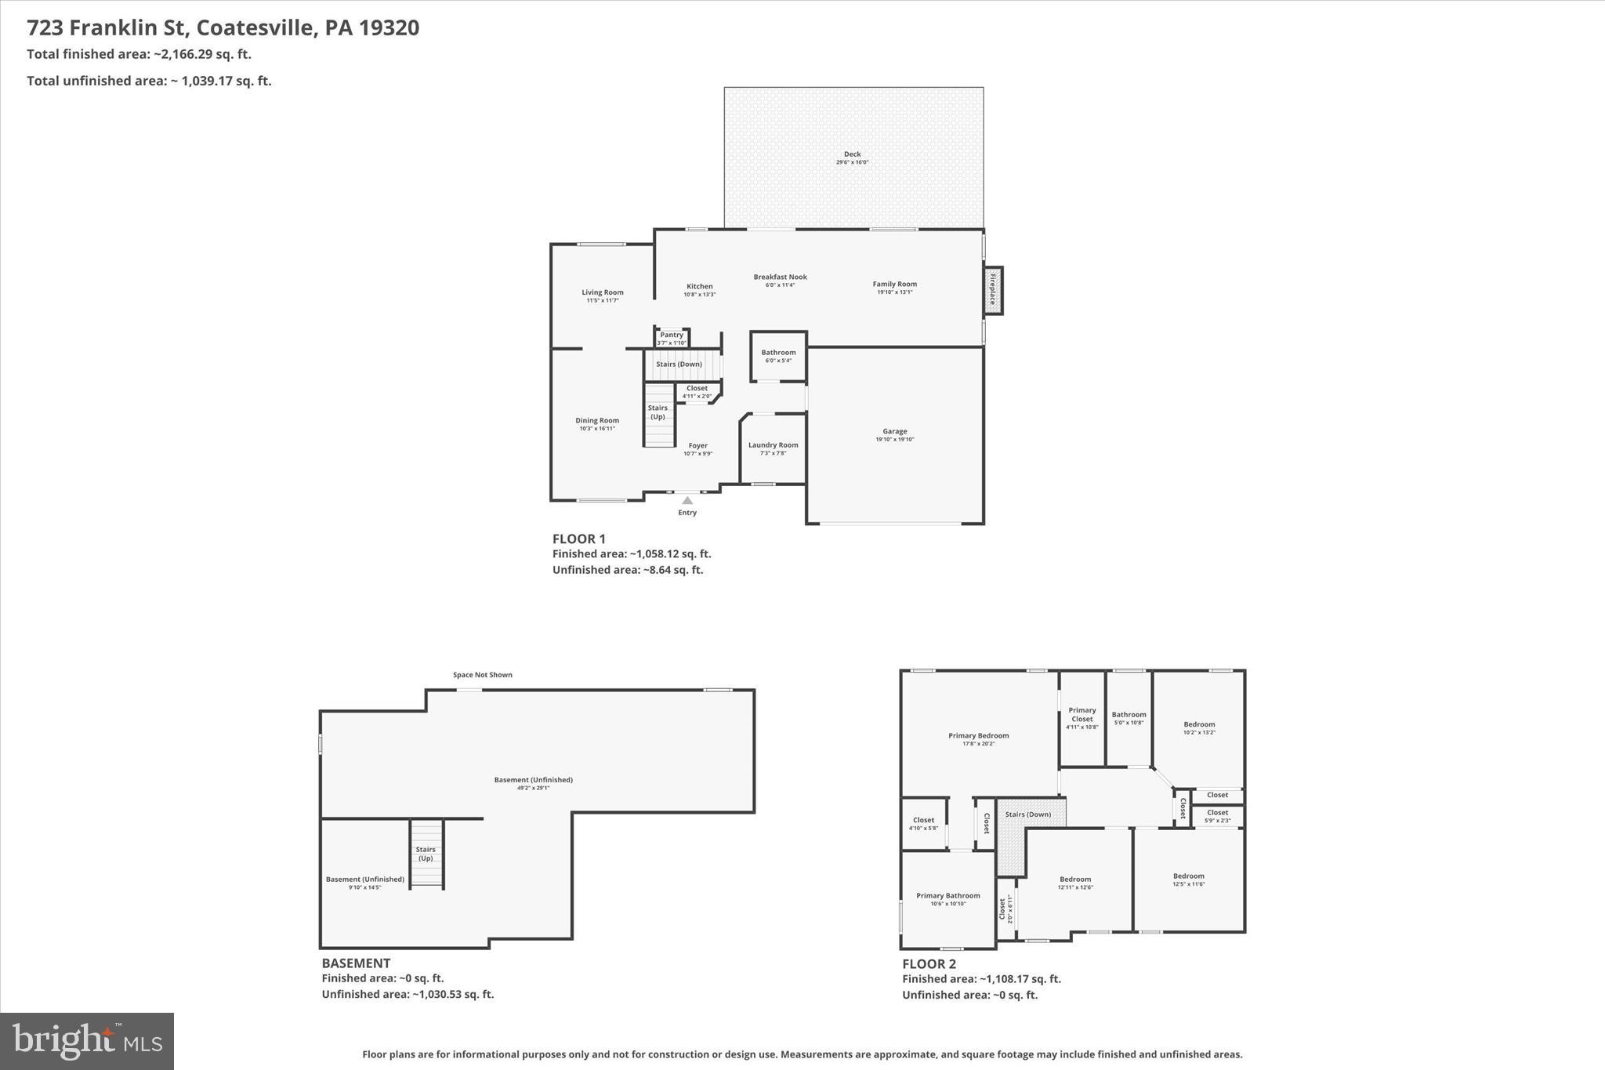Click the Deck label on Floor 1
tap(852, 154)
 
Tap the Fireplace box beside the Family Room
tap(993, 291)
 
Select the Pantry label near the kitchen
tap(672, 335)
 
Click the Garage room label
tap(894, 431)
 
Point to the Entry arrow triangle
tap(687, 500)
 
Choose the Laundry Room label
tap(773, 445)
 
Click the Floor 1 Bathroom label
tap(778, 353)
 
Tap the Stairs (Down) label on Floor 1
tap(679, 365)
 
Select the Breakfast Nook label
tap(780, 277)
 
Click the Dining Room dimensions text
tap(597, 429)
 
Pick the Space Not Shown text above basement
tap(483, 675)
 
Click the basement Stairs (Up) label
tap(426, 854)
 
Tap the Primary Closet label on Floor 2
tap(1081, 714)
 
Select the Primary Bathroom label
tap(948, 895)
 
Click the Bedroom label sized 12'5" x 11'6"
tap(1188, 876)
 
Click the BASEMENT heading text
tap(356, 963)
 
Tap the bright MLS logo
tap(87, 1041)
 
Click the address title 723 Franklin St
tap(223, 27)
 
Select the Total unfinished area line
tap(149, 81)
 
